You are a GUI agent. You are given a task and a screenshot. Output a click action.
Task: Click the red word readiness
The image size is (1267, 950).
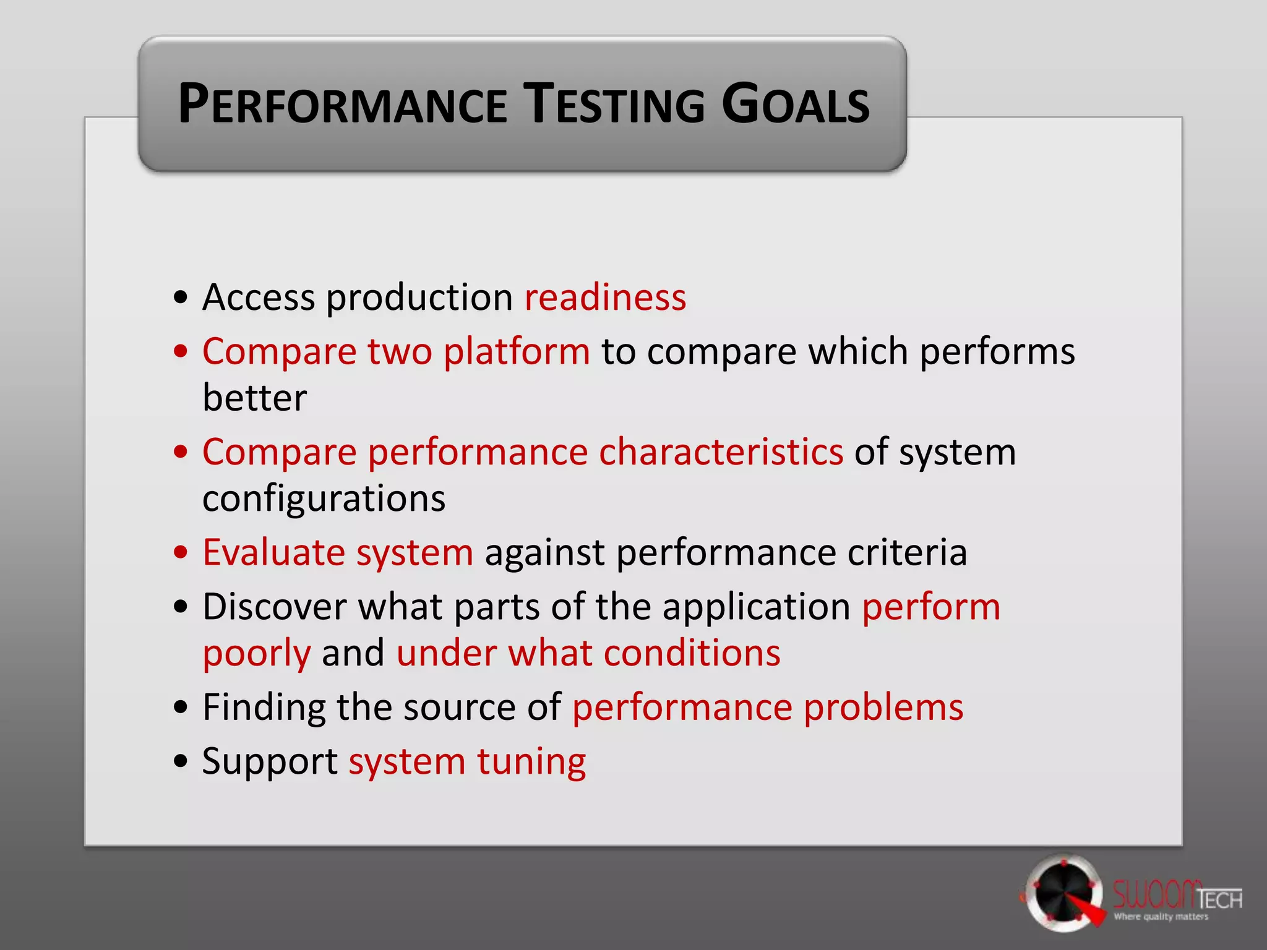[605, 297]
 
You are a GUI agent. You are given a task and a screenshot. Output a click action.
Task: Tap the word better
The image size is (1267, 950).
[254, 398]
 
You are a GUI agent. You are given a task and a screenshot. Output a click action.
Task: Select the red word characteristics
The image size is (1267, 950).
[721, 452]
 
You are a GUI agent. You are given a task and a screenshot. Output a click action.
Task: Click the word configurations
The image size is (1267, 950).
[324, 499]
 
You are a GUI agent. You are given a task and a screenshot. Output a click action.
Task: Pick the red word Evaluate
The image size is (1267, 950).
[273, 552]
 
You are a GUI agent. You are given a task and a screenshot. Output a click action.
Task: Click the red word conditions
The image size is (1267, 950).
[692, 653]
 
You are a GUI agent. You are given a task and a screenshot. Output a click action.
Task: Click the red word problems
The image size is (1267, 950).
[883, 708]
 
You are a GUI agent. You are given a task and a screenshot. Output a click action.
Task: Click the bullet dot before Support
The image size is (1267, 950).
[180, 761]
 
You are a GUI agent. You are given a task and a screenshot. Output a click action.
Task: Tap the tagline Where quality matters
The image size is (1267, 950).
[1161, 917]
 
